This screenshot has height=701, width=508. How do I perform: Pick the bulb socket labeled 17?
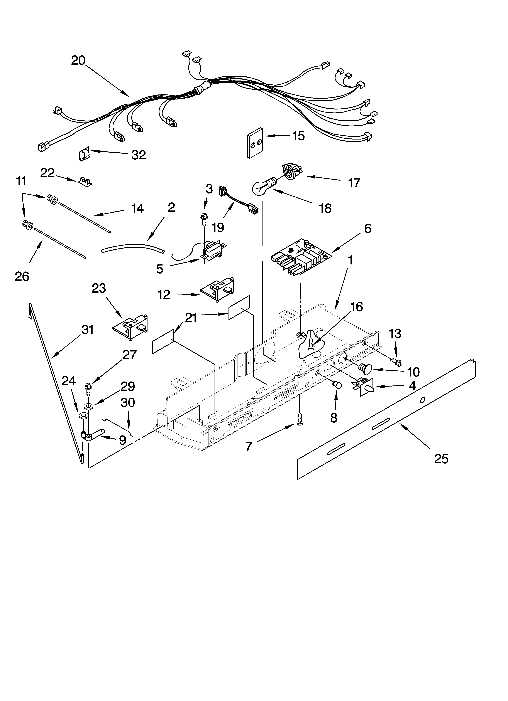[291, 171]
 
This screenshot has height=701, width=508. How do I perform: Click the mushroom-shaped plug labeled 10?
[364, 368]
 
